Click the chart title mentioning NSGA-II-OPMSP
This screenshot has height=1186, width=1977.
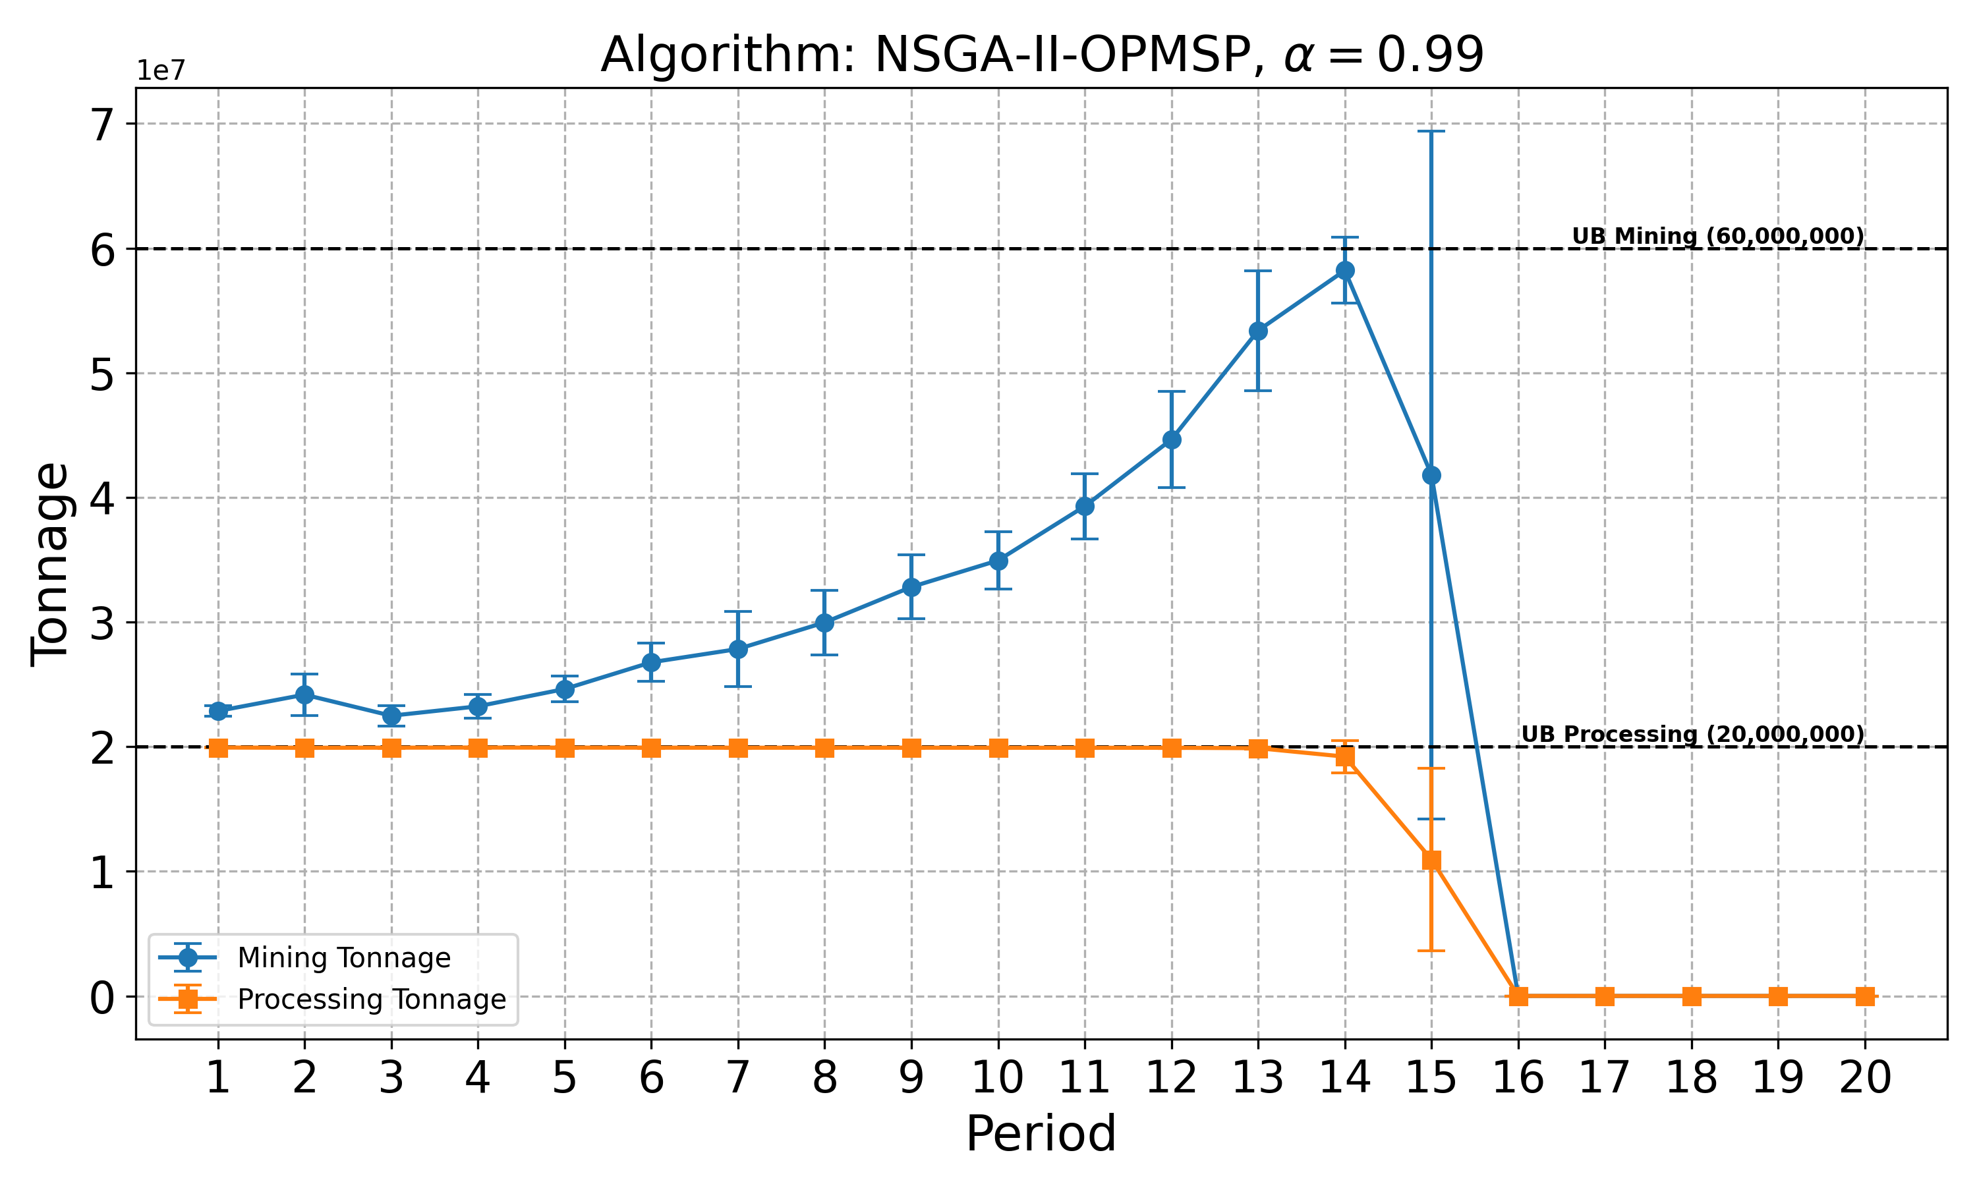(x=1041, y=56)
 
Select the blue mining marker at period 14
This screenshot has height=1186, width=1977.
(x=1345, y=271)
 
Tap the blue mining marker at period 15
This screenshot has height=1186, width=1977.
(x=1431, y=476)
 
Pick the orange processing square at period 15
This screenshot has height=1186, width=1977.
(x=1431, y=860)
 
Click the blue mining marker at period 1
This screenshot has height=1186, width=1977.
(x=218, y=710)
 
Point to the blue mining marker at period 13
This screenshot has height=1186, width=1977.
(x=1258, y=331)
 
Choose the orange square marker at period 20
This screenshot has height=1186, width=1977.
(x=1864, y=997)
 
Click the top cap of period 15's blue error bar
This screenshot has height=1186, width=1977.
(x=1431, y=131)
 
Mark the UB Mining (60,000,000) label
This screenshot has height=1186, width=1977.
(x=1717, y=237)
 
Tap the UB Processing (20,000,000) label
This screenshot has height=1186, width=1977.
(x=1692, y=735)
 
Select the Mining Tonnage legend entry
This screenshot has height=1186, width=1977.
(x=343, y=957)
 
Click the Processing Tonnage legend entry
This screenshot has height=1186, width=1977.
(x=372, y=1000)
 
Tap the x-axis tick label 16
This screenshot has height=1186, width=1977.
(x=1518, y=1078)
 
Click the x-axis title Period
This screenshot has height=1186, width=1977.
(x=1041, y=1134)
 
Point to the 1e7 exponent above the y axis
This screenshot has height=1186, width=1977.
(x=161, y=71)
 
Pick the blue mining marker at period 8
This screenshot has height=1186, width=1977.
(x=824, y=623)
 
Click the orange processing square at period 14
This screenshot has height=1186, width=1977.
(x=1345, y=757)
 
